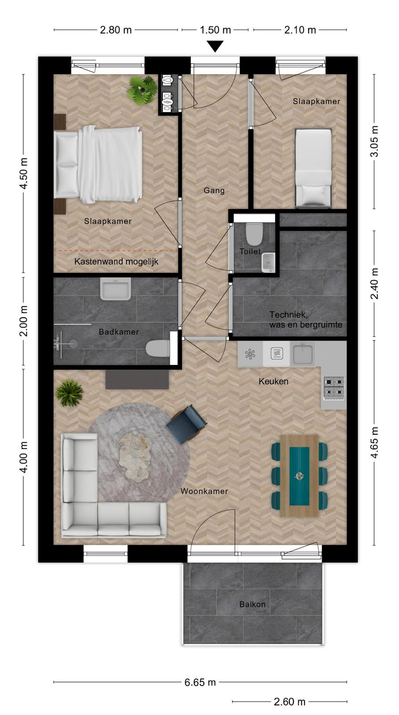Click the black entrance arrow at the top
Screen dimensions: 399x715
click(216, 46)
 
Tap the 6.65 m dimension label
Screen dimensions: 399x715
click(200, 682)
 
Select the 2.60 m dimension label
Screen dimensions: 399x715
click(289, 702)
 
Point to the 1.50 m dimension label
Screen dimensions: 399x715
click(215, 30)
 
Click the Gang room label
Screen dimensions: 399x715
click(214, 190)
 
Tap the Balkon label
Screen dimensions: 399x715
click(252, 604)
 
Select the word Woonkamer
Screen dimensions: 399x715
click(204, 491)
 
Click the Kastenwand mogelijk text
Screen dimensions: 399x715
click(116, 262)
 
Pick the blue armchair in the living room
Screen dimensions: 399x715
click(186, 424)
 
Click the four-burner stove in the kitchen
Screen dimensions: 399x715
click(334, 387)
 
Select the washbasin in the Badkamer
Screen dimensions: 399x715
click(115, 289)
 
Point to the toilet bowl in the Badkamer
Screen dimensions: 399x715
click(158, 348)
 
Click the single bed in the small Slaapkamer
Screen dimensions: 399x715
click(313, 168)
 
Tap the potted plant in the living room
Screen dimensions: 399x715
click(69, 393)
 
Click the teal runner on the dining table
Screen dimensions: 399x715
click(299, 476)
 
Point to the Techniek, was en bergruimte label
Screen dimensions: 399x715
click(306, 320)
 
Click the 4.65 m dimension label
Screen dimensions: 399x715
click(374, 442)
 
